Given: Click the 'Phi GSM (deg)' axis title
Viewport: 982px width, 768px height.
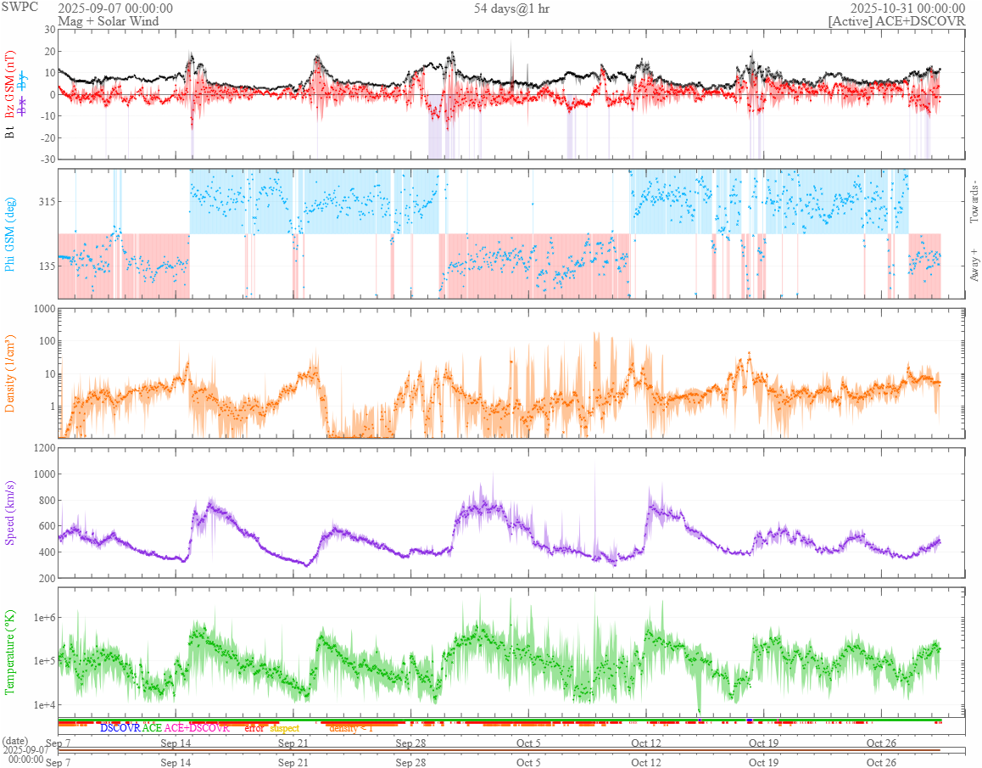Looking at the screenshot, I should [11, 233].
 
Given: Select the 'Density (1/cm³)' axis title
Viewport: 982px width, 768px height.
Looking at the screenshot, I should [11, 373].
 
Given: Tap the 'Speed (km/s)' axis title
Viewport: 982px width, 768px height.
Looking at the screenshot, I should [11, 513].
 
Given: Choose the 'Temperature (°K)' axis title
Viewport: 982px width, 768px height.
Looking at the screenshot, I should [11, 652].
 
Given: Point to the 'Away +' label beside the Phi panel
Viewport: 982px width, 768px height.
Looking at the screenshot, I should [974, 264].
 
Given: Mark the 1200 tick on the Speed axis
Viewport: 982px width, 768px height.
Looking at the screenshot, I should [42, 448].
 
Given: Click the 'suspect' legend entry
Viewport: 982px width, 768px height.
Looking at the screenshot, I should [284, 728].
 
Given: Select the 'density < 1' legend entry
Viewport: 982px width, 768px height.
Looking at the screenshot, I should [351, 728].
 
